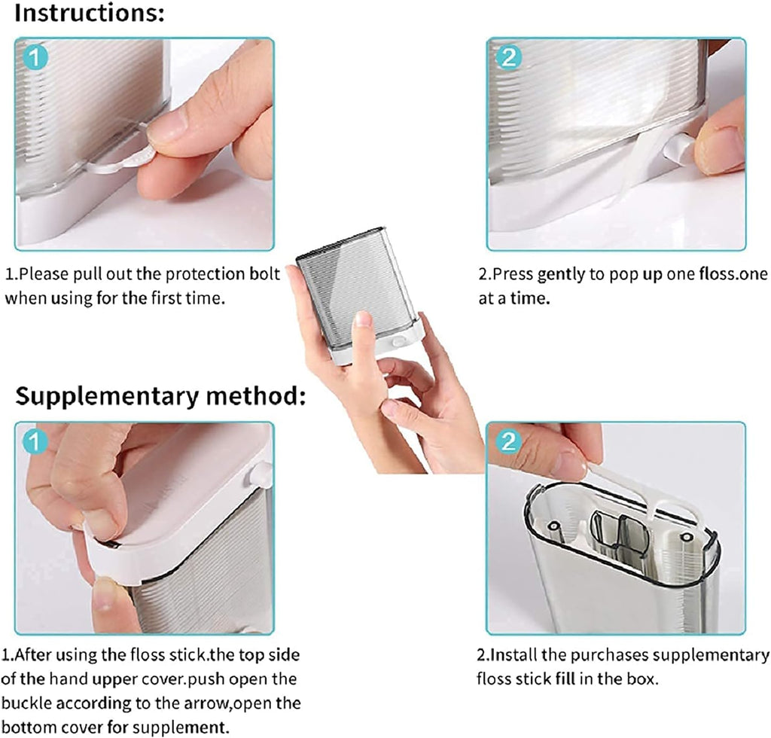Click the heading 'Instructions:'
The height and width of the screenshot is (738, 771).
[90, 14]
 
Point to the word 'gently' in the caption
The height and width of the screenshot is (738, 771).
[560, 274]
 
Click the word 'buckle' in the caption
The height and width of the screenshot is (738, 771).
[26, 705]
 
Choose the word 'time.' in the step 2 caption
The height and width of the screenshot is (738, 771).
[531, 298]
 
